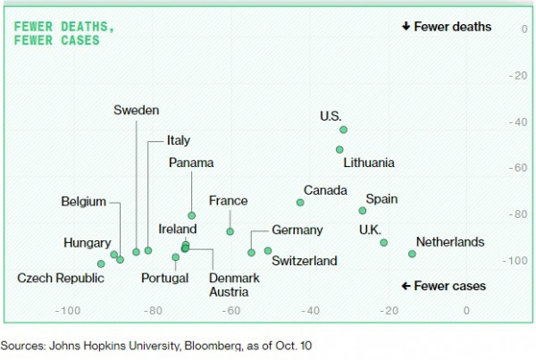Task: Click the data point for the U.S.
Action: tap(344, 130)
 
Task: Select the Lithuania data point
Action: tap(339, 149)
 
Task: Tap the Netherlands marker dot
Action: tap(412, 254)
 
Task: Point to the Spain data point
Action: tap(363, 211)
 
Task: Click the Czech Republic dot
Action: tap(101, 264)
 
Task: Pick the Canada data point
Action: tap(300, 203)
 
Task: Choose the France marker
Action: tap(230, 231)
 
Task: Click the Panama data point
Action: tap(191, 215)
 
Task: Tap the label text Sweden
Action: tap(136, 110)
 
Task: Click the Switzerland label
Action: tap(305, 261)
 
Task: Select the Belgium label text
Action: tap(84, 201)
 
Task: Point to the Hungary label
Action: tap(88, 242)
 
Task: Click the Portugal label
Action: tap(164, 278)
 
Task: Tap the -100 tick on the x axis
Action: tap(68, 311)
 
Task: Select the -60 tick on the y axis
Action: tap(516, 168)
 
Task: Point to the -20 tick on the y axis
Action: tap(516, 75)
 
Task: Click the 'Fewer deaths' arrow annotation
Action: tap(447, 27)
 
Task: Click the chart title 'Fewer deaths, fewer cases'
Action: tap(63, 33)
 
